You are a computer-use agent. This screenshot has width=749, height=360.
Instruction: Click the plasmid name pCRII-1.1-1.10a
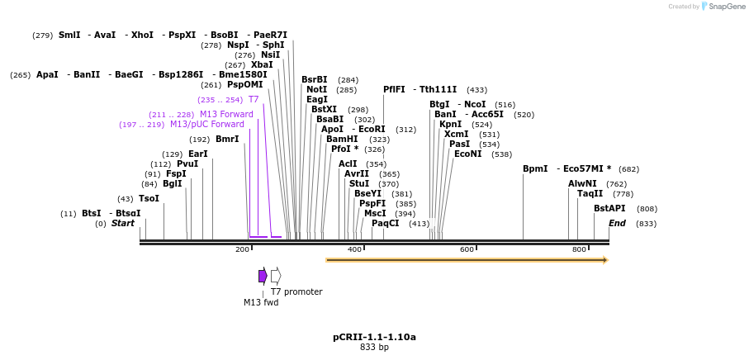(x=374, y=337)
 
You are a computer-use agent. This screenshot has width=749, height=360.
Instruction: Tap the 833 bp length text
(x=374, y=348)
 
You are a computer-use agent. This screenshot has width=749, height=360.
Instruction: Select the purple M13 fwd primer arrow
(x=263, y=276)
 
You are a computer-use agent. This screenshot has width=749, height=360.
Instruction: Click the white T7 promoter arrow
(x=276, y=276)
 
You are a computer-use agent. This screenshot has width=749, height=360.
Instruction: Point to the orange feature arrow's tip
(x=605, y=260)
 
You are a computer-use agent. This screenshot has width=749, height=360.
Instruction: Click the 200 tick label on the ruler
(x=242, y=249)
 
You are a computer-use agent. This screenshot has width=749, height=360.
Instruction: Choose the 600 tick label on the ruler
(x=467, y=249)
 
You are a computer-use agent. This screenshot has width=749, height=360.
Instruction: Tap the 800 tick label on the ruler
(x=579, y=249)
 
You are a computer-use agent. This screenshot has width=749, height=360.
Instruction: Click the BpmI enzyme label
(x=535, y=168)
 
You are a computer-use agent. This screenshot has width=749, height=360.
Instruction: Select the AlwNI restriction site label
(x=582, y=183)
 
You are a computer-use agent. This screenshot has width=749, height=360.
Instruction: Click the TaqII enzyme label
(x=590, y=193)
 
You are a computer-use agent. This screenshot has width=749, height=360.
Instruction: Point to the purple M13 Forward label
(x=226, y=114)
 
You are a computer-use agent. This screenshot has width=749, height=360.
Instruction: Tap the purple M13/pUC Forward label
(x=207, y=124)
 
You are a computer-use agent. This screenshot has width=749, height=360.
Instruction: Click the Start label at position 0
(x=122, y=223)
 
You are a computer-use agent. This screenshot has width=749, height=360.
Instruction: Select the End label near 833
(x=617, y=223)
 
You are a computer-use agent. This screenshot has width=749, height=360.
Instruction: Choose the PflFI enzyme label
(x=394, y=89)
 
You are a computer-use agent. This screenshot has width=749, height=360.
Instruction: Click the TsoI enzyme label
(x=149, y=198)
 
